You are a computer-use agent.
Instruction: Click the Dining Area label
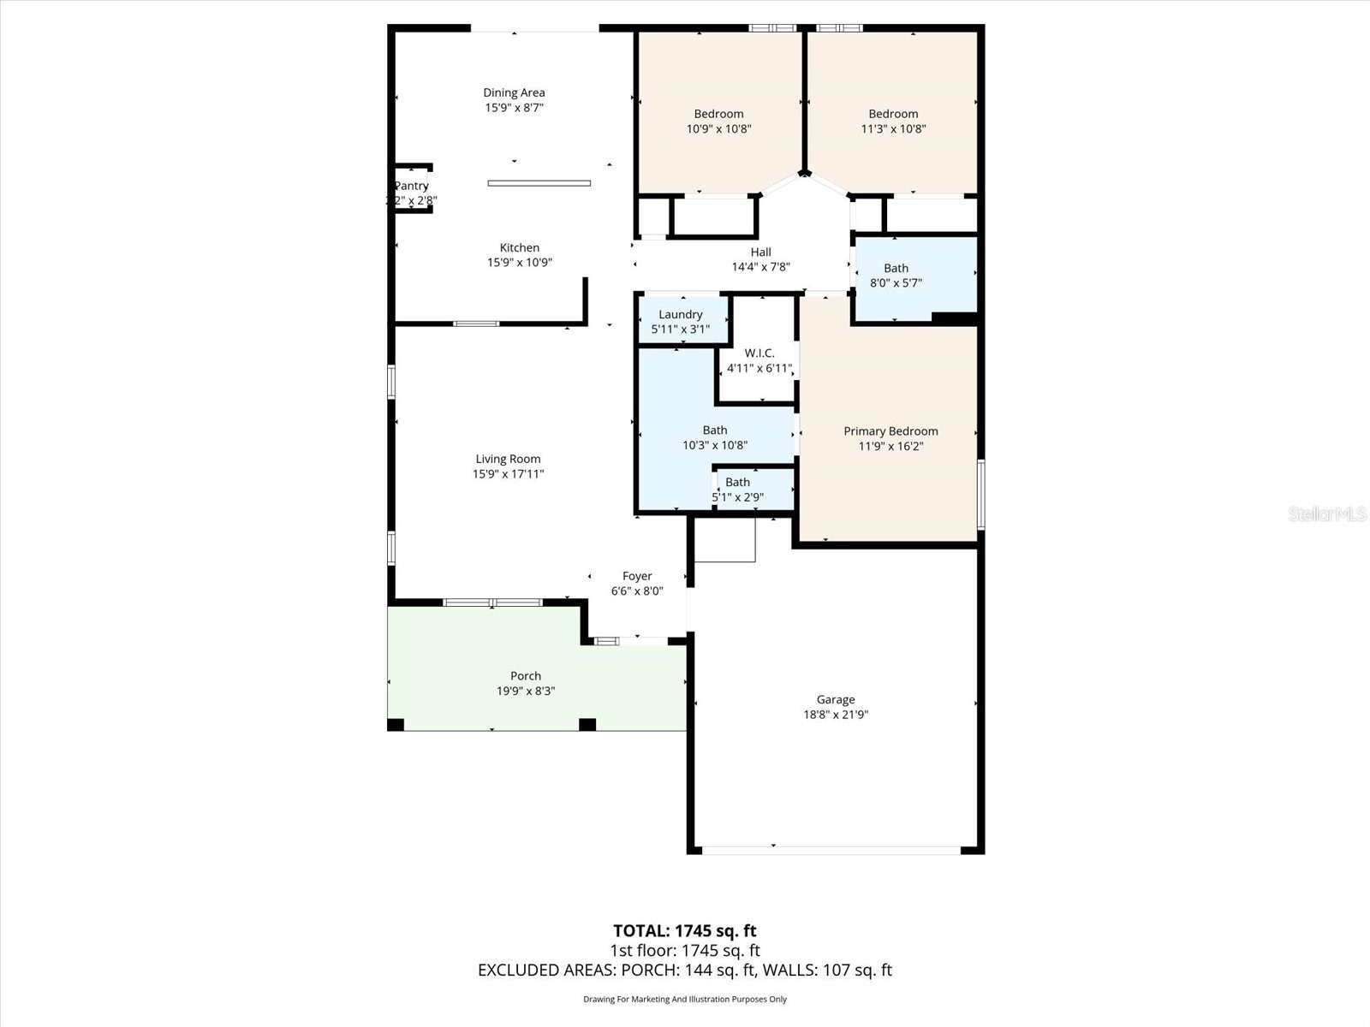[x=514, y=92]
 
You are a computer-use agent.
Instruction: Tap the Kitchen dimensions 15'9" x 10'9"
[x=520, y=263]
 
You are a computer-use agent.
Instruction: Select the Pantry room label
[x=411, y=186]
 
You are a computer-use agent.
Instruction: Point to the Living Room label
[x=508, y=459]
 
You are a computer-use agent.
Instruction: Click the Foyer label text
[x=637, y=576]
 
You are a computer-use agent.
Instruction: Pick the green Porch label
[x=526, y=676]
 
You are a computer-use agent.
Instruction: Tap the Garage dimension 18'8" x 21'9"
[x=836, y=715]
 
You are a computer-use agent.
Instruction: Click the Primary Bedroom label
[x=890, y=431]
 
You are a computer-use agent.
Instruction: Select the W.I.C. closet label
[x=759, y=353]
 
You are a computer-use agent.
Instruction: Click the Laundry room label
[x=681, y=314]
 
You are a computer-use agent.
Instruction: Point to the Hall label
[x=760, y=252]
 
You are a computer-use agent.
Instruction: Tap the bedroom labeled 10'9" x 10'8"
[x=718, y=122]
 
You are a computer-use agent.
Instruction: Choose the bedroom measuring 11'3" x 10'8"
[x=893, y=122]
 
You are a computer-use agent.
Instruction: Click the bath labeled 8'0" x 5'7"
[x=896, y=276]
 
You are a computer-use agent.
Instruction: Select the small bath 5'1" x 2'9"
[x=737, y=490]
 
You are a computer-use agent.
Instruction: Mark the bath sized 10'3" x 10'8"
[x=715, y=437]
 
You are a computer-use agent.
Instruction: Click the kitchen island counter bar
[x=539, y=183]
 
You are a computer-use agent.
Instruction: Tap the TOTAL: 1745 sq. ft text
[x=684, y=931]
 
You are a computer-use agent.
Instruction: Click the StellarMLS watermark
[x=1326, y=513]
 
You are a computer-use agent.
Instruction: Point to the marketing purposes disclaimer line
[x=684, y=999]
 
